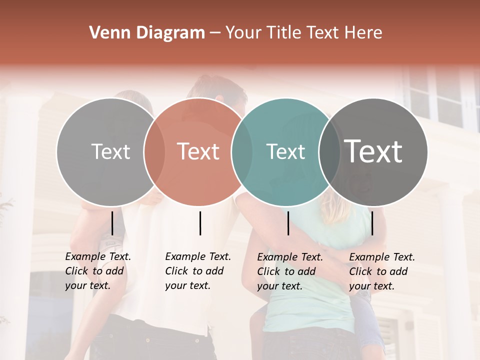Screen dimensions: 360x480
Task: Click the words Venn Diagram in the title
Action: click(x=147, y=33)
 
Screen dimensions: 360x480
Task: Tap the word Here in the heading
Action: click(x=364, y=33)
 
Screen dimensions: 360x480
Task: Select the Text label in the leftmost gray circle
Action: click(x=110, y=151)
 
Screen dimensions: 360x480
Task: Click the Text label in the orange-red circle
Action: click(x=198, y=151)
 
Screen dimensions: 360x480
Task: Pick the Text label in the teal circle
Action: click(x=285, y=151)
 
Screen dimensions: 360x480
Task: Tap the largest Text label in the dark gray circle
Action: click(x=373, y=151)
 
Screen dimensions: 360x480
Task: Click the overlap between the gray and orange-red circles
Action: click(x=154, y=152)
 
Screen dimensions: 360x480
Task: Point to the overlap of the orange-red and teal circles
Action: click(x=242, y=152)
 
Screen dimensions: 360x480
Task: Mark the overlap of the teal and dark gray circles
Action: click(x=329, y=152)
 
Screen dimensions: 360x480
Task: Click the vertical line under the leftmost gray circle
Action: click(x=112, y=223)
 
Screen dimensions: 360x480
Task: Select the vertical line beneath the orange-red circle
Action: click(x=200, y=223)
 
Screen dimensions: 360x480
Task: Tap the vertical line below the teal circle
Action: click(x=288, y=223)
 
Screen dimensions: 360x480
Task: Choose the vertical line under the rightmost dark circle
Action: click(x=372, y=223)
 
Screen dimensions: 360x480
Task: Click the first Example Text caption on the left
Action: click(x=98, y=271)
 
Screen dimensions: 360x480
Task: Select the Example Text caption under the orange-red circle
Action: click(x=198, y=271)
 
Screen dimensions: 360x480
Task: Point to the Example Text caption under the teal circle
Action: click(x=290, y=271)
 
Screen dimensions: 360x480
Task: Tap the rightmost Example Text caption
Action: click(x=382, y=271)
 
